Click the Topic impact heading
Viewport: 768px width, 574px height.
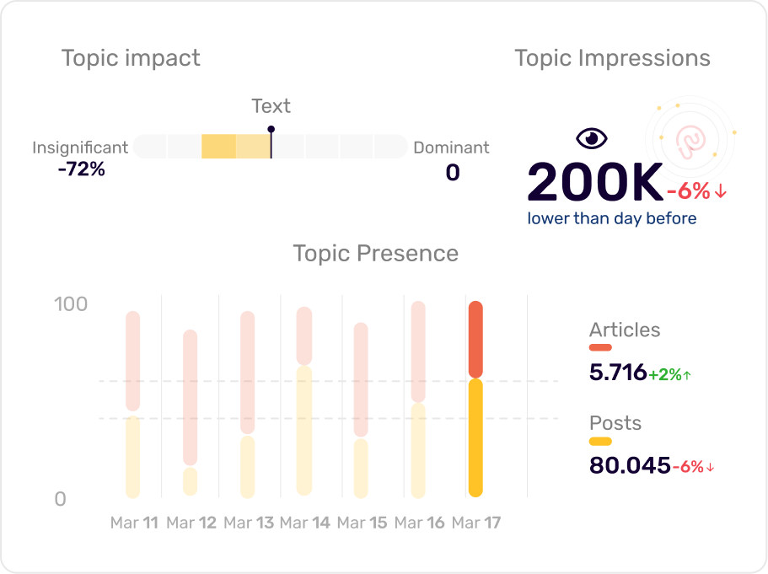(131, 58)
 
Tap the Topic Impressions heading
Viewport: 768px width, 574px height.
(612, 58)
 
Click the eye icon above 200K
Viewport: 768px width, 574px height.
(591, 138)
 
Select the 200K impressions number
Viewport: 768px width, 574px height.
(595, 182)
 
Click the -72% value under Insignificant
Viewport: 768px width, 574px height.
(82, 169)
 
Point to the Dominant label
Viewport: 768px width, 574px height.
(451, 148)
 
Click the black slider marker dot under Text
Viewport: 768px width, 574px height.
(271, 130)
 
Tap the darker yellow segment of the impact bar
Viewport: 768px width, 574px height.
(218, 147)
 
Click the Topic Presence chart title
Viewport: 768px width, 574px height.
(375, 254)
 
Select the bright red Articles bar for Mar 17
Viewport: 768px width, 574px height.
(475, 339)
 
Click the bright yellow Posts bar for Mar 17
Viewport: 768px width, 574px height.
(475, 437)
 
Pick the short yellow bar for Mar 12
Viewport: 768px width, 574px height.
(190, 481)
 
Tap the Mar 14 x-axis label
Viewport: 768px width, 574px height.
(304, 523)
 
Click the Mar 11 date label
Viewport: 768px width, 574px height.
(134, 523)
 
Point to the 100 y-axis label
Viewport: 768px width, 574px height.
(71, 304)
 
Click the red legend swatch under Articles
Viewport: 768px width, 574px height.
(600, 347)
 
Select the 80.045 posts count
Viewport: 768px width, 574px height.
(630, 465)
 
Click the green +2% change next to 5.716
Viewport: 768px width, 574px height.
(669, 375)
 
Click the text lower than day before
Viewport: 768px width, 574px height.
(612, 219)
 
